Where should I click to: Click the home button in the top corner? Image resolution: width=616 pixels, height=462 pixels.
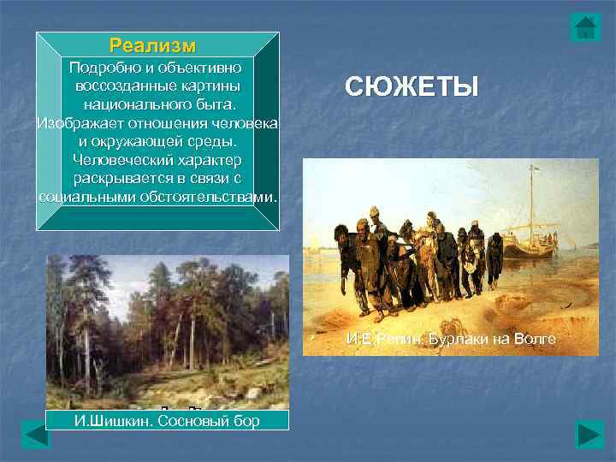pos(586,27)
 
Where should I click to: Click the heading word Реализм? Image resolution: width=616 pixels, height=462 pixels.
pos(152,44)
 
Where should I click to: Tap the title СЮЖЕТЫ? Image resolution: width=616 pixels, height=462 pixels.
pos(412,86)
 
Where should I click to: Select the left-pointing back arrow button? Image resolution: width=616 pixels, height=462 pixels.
pos(36,435)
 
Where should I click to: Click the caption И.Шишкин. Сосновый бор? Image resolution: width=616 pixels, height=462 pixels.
pos(166,421)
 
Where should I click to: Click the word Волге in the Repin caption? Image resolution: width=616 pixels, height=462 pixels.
pos(536,339)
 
